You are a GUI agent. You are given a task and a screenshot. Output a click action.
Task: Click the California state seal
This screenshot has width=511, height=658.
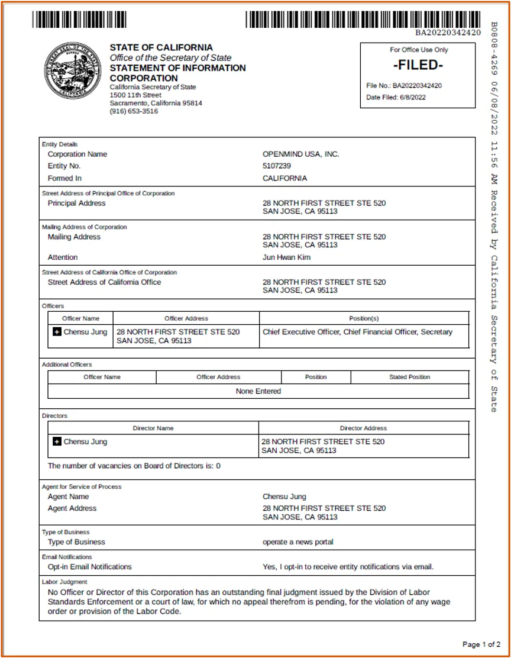[x=73, y=70]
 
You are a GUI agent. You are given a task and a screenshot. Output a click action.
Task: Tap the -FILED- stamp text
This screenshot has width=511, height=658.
[x=418, y=65]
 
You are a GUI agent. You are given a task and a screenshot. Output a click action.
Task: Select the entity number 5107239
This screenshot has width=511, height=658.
[x=277, y=166]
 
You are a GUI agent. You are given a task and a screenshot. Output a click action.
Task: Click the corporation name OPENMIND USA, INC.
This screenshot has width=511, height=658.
[x=300, y=154]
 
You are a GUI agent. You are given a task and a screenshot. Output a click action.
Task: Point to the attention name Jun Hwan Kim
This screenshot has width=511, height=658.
[x=286, y=257]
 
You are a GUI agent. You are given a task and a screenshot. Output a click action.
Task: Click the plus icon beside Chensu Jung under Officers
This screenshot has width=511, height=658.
[x=57, y=332]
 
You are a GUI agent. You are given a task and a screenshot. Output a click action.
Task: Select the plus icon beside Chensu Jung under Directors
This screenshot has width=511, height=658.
[x=57, y=441]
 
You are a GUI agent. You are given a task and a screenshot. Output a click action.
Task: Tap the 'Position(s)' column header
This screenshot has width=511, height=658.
[x=364, y=318]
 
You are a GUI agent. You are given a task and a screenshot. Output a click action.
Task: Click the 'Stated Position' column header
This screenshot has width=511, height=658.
[x=409, y=377]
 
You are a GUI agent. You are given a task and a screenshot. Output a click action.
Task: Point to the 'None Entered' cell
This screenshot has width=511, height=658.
[x=258, y=391]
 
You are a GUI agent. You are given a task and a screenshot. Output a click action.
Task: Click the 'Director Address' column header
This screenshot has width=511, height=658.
[x=363, y=428]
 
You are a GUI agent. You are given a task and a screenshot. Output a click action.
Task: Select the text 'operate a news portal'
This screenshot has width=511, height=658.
[x=297, y=542]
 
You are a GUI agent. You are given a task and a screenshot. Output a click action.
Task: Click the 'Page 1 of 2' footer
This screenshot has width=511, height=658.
[x=481, y=644]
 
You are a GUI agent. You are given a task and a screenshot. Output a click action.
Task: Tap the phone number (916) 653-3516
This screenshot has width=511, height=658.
[x=134, y=111]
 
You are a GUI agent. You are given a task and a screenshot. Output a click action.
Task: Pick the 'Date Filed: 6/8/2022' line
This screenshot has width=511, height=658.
[x=396, y=98]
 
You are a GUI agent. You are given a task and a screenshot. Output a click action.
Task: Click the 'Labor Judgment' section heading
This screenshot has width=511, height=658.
[x=64, y=582]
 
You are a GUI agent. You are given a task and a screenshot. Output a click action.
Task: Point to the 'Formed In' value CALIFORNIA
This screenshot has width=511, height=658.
[x=284, y=178]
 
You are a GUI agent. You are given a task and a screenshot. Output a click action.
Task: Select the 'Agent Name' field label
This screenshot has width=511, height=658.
[x=68, y=496]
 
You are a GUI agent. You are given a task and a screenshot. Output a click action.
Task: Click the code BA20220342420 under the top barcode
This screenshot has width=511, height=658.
[x=447, y=33]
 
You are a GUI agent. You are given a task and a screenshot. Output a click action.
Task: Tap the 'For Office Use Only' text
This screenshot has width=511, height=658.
[x=418, y=50]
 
